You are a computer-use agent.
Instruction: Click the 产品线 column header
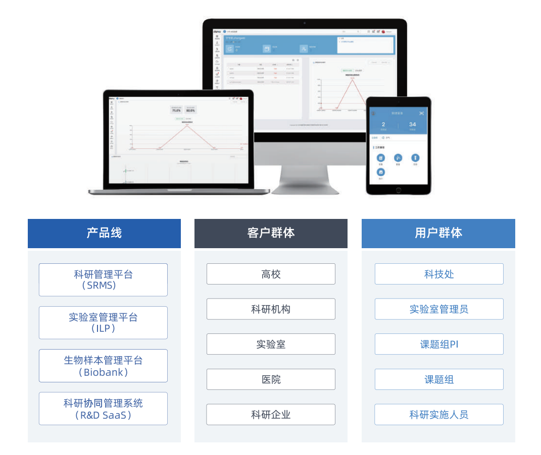pyautogui.click(x=104, y=233)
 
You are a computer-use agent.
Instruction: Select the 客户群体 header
pyautogui.click(x=271, y=233)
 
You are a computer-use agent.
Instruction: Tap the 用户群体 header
pyautogui.click(x=438, y=233)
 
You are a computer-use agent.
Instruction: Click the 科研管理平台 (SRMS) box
pyautogui.click(x=103, y=279)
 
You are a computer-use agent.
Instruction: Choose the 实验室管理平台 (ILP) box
pyautogui.click(x=103, y=322)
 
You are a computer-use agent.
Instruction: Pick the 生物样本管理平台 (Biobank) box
pyautogui.click(x=103, y=366)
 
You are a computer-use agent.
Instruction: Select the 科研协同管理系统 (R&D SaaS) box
pyautogui.click(x=103, y=409)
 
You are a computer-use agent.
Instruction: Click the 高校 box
pyautogui.click(x=271, y=274)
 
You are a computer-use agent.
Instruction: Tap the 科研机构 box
pyautogui.click(x=271, y=309)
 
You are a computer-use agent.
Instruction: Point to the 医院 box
pyautogui.click(x=271, y=379)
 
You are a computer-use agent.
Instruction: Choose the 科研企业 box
pyautogui.click(x=271, y=415)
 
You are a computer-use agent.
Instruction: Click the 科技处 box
pyautogui.click(x=439, y=274)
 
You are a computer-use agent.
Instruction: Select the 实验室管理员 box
pyautogui.click(x=439, y=309)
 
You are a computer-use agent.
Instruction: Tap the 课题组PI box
pyautogui.click(x=439, y=344)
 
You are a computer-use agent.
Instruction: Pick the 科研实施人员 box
pyautogui.click(x=439, y=415)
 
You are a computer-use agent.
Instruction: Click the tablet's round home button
pyautogui.click(x=398, y=190)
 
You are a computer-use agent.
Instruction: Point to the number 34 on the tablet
pyautogui.click(x=413, y=124)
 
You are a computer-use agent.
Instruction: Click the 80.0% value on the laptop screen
pyautogui.click(x=190, y=109)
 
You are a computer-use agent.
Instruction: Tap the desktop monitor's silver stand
pyautogui.click(x=305, y=174)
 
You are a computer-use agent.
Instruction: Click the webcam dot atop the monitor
pyautogui.click(x=305, y=23)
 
